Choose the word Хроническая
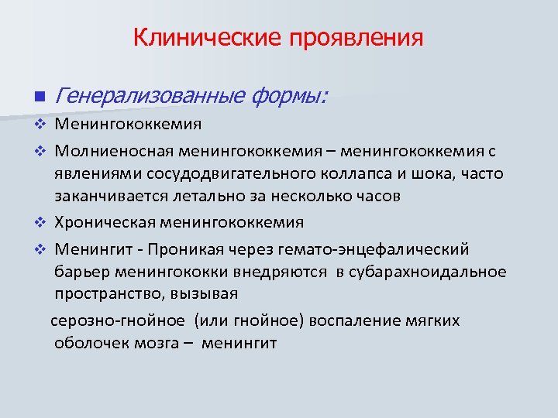(105, 223)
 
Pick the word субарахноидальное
(427, 272)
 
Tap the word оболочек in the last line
(88, 343)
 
